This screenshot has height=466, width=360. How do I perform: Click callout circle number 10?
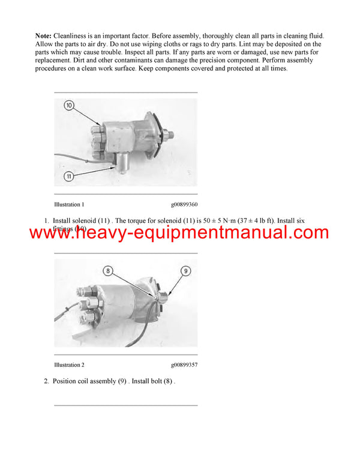click(69, 106)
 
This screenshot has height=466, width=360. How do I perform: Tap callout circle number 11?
click(70, 176)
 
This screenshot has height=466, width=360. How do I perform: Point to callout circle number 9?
click(185, 271)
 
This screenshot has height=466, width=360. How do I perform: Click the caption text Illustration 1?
click(69, 204)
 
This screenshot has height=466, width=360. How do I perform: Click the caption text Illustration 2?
click(69, 365)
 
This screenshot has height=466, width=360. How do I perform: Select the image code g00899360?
click(184, 204)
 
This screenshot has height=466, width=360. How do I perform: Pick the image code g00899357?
click(184, 365)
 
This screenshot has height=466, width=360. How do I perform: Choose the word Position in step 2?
click(65, 381)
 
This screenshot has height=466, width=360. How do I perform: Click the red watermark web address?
click(179, 233)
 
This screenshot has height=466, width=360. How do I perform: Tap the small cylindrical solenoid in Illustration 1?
click(124, 160)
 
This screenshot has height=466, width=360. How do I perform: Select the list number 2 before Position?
click(46, 381)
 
